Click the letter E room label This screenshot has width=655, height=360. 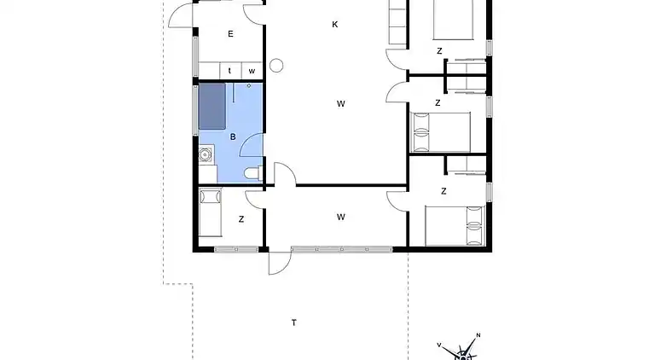point(230,34)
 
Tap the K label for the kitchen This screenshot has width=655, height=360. point(335,25)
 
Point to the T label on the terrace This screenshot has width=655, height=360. point(294,322)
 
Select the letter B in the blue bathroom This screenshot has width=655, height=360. point(232,136)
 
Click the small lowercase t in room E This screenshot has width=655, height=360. point(230,71)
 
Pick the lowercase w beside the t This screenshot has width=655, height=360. point(252,71)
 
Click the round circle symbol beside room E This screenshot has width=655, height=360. point(276,65)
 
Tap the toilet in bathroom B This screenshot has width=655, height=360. point(252,174)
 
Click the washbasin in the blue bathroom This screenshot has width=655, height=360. point(206,154)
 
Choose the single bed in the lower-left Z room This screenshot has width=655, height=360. point(210,213)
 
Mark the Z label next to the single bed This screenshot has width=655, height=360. point(241,219)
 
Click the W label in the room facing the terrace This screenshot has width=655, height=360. point(340,217)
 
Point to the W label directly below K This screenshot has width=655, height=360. point(340,104)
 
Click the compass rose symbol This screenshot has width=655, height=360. point(463,350)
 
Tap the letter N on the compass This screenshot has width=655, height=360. point(478,335)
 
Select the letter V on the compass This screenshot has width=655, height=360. point(439,345)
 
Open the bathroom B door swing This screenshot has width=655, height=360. point(251,147)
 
